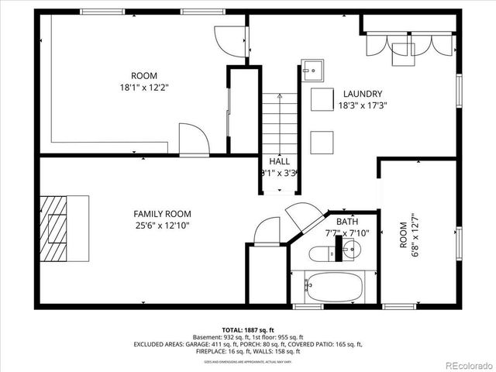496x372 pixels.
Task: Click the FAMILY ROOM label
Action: click(x=162, y=213)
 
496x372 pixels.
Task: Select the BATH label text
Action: click(x=346, y=221)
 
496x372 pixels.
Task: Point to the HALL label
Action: click(x=279, y=161)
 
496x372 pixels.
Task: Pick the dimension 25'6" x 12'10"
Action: click(x=162, y=226)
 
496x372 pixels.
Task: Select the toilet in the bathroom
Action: click(x=320, y=252)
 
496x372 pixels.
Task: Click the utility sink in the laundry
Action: click(x=312, y=69)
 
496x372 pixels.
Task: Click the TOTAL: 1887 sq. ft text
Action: click(x=247, y=329)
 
